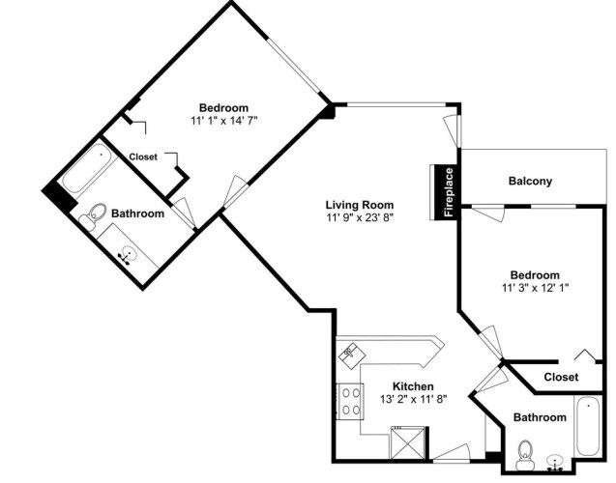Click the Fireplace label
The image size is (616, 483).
(x=449, y=192)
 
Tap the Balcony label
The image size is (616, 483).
(x=530, y=181)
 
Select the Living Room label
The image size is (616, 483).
(x=360, y=205)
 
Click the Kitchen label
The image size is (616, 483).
(x=413, y=386)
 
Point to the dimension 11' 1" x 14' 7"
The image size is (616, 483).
(x=224, y=120)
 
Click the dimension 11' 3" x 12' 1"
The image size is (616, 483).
(x=535, y=288)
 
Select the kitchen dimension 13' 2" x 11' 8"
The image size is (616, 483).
(x=413, y=399)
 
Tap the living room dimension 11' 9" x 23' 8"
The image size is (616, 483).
(x=360, y=217)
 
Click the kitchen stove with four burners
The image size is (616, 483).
(x=350, y=401)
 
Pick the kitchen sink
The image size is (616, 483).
(x=352, y=355)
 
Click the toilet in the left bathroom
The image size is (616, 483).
(x=94, y=216)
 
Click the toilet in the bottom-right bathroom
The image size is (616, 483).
(x=525, y=455)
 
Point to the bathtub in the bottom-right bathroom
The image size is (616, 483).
(x=588, y=426)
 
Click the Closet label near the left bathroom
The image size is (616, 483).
(x=143, y=156)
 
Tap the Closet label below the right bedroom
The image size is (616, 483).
(x=561, y=377)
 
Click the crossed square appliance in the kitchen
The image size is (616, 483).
(x=408, y=442)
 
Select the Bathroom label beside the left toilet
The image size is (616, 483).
(x=137, y=213)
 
